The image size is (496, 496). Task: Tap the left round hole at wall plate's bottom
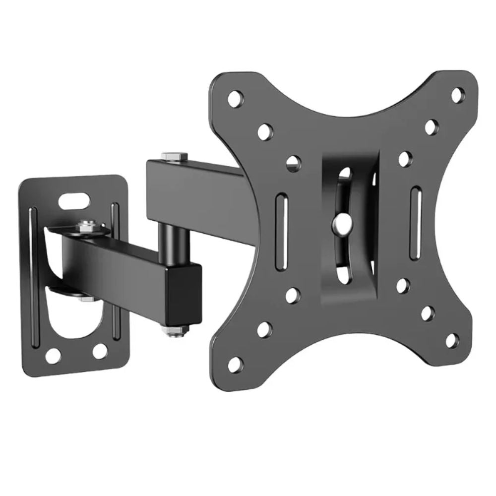[53, 355]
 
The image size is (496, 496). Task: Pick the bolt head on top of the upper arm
[173, 157]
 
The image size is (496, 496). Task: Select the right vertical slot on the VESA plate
[416, 221]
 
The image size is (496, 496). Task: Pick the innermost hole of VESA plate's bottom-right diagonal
[403, 286]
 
